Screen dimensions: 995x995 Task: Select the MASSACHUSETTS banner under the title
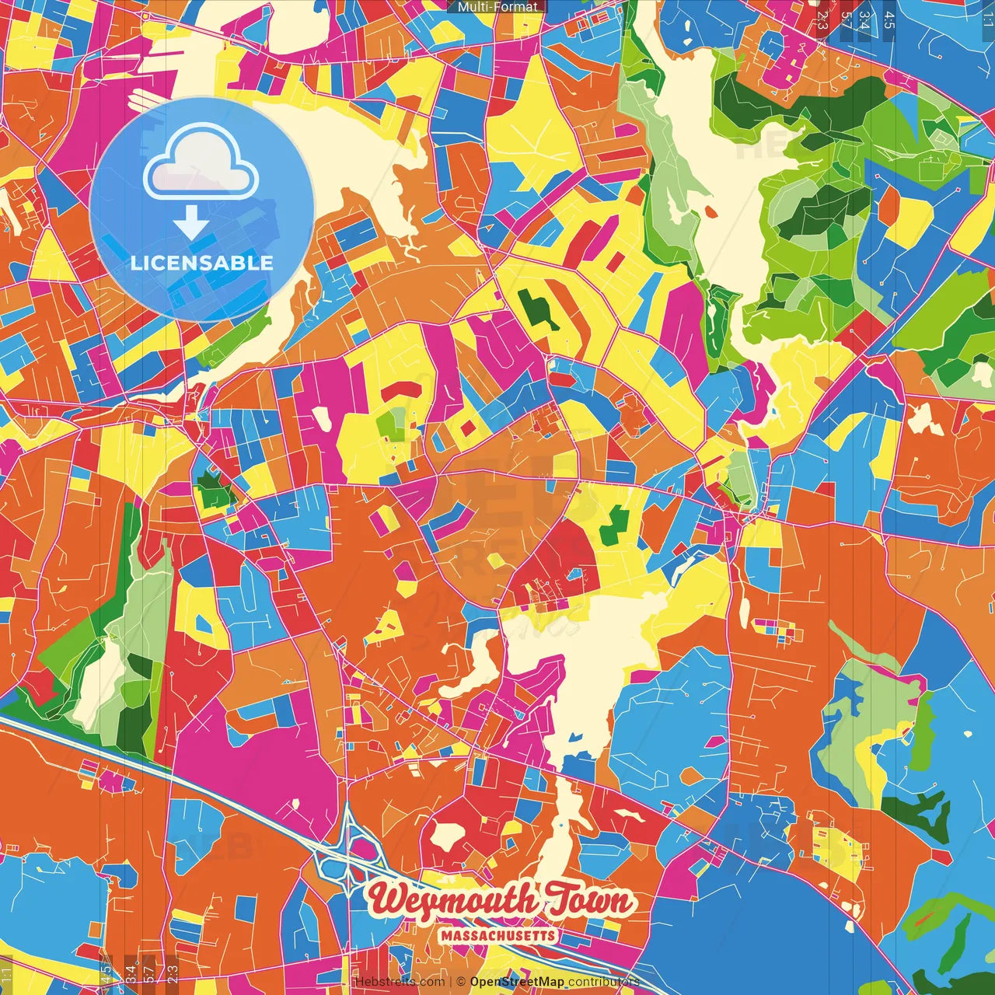(x=498, y=935)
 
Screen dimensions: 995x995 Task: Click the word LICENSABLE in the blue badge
(x=201, y=263)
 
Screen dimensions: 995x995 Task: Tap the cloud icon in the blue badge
(x=201, y=162)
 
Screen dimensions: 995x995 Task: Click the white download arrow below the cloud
(x=190, y=223)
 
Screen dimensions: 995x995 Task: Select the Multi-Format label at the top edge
(x=497, y=7)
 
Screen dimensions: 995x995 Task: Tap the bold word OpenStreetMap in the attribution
(x=516, y=982)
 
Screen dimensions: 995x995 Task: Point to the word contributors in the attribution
(x=604, y=982)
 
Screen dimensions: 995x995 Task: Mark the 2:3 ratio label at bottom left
(x=173, y=972)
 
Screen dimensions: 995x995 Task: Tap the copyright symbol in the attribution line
(x=461, y=982)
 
